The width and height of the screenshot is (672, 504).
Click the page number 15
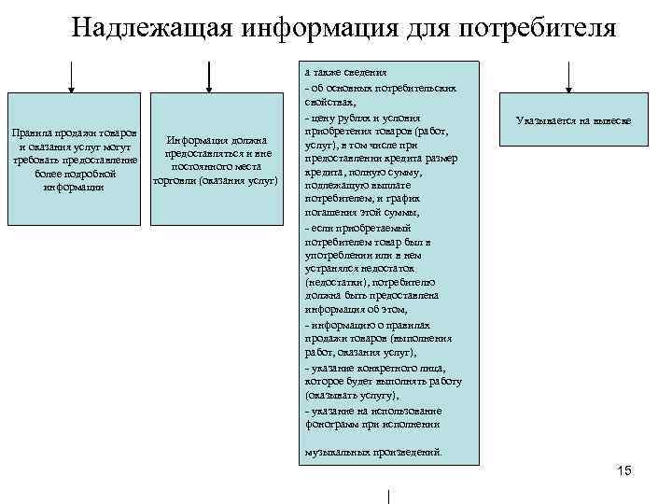[624, 471]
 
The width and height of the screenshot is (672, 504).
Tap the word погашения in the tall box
[330, 212]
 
